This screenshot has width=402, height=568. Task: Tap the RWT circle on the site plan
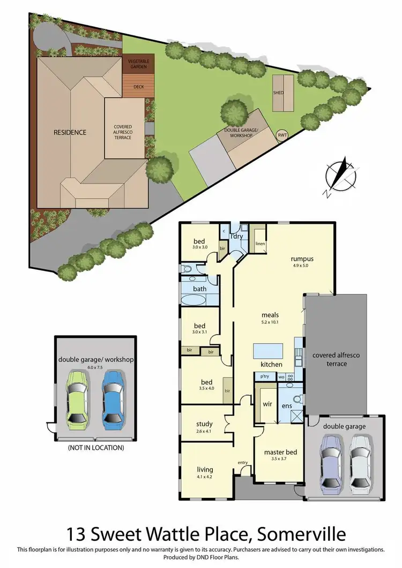[282, 135]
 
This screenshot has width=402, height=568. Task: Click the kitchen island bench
[268, 351]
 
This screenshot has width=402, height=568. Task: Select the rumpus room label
[302, 259]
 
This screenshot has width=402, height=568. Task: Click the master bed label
[280, 452]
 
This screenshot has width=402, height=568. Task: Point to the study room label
[204, 425]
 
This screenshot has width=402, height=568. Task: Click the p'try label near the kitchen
[264, 377]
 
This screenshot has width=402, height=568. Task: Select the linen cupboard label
[260, 244]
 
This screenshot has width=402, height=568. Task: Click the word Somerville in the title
[301, 534]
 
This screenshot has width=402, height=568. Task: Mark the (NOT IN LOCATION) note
[95, 448]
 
